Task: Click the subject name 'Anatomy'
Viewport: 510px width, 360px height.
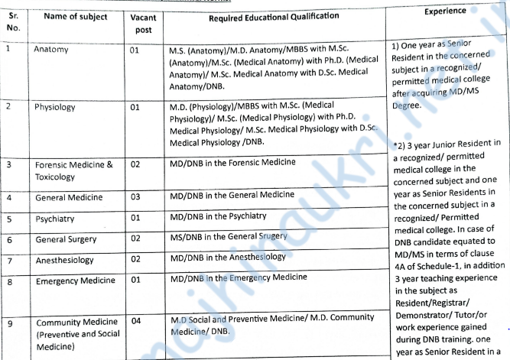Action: click(51, 49)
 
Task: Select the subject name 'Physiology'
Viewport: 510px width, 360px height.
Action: click(55, 107)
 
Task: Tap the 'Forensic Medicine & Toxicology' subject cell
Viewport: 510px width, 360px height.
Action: click(73, 170)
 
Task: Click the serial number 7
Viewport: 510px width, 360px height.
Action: click(8, 260)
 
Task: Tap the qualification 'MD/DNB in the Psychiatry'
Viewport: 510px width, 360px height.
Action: click(222, 217)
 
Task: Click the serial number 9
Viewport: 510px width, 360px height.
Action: click(8, 322)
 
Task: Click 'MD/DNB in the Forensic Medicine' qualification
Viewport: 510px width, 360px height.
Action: click(232, 161)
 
